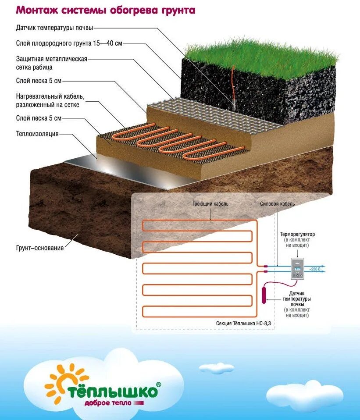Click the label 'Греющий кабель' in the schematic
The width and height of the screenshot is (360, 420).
point(210,204)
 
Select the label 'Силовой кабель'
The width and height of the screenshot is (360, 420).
point(277,204)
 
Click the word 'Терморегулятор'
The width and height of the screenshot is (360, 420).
point(297,235)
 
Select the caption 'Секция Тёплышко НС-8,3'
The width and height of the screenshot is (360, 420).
point(243,323)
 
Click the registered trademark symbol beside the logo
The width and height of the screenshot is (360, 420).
point(158,384)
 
